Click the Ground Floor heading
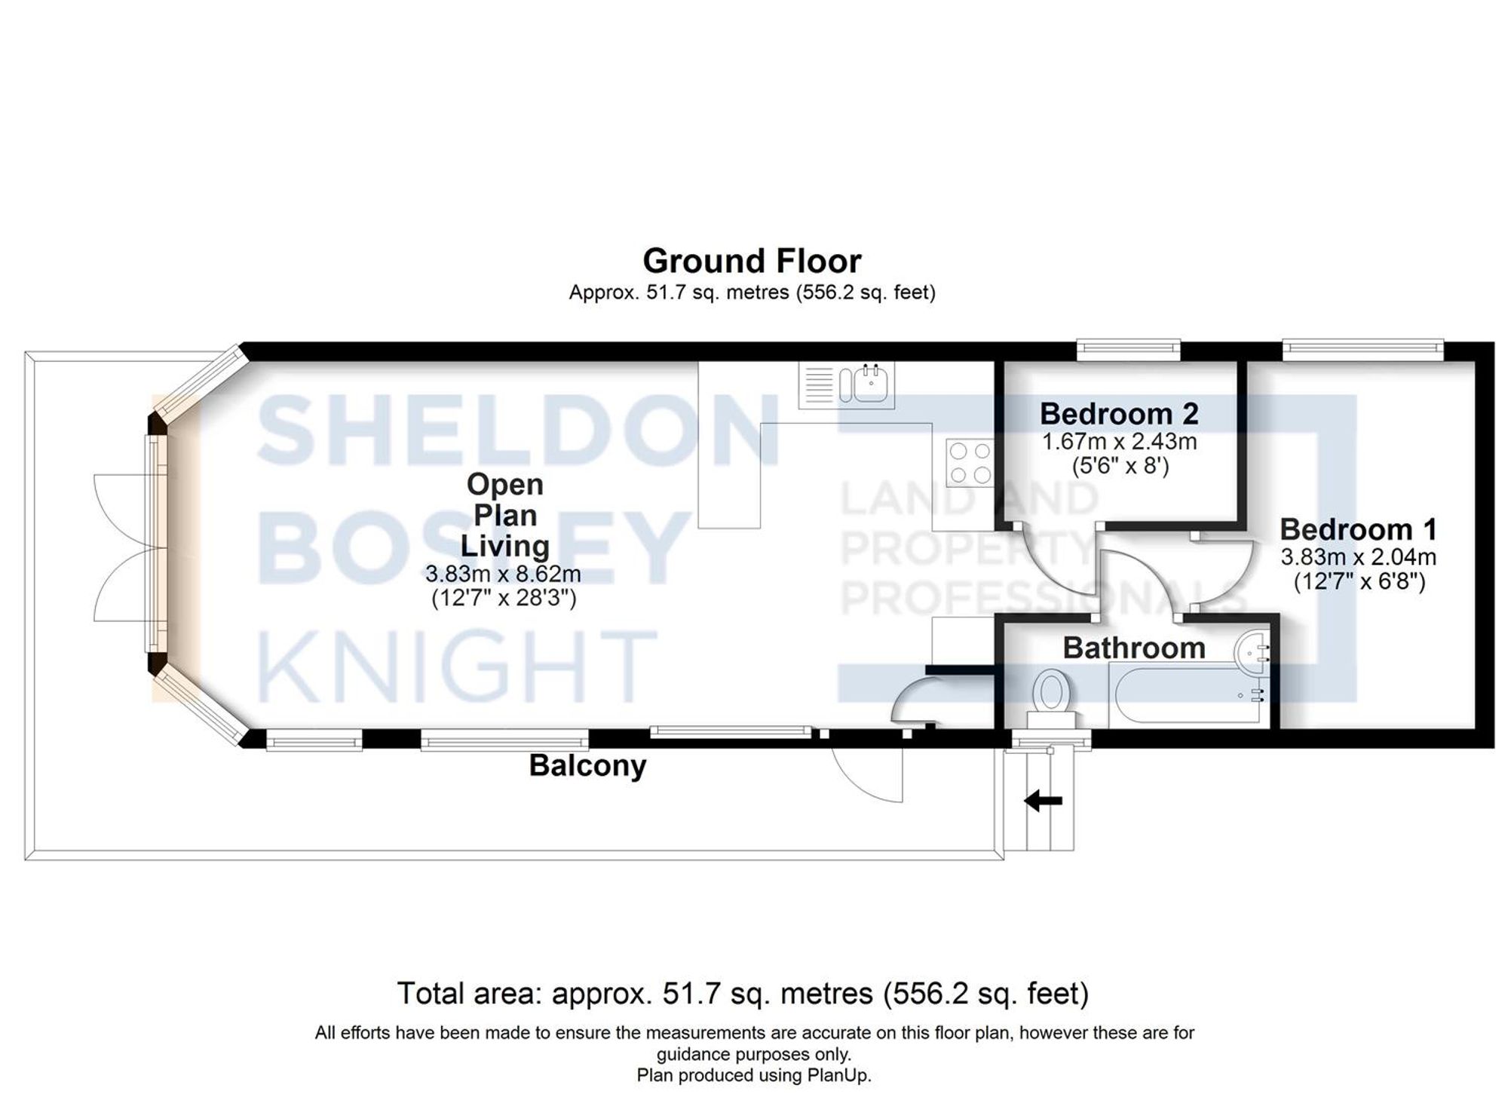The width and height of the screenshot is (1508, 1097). (752, 262)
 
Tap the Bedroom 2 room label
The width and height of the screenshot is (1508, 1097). (1119, 414)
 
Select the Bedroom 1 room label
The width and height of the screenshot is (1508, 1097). (1358, 529)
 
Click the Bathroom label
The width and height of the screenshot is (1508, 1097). (1134, 648)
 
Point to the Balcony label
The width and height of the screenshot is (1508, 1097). (587, 765)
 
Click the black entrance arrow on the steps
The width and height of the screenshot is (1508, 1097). (1044, 801)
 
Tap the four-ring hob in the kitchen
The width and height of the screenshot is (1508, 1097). (970, 463)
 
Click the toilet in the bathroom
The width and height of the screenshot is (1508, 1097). (1051, 694)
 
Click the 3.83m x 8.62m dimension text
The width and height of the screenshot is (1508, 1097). (503, 575)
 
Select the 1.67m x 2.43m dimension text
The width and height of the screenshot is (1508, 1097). (1119, 441)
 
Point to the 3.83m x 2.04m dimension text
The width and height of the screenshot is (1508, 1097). (1358, 558)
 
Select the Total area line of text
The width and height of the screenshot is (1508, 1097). (743, 994)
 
